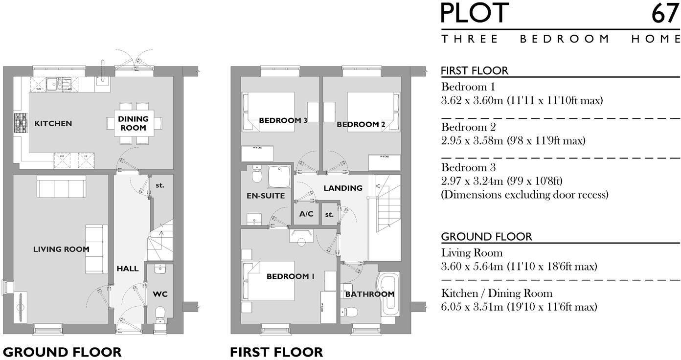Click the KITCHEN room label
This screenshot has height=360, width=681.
(x=53, y=124)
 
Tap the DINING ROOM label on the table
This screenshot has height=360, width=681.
(x=133, y=123)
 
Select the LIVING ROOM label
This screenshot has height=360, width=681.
(x=61, y=249)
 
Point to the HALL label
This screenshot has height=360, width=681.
(x=127, y=269)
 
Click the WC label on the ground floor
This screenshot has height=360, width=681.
(x=160, y=294)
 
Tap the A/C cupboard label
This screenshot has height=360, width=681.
(x=306, y=214)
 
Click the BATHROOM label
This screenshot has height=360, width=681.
(x=369, y=294)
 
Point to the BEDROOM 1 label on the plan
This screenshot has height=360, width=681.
(x=290, y=277)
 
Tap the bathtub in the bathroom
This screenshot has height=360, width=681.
(x=389, y=293)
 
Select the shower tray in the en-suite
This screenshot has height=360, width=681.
(x=279, y=177)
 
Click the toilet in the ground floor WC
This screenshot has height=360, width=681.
(x=160, y=314)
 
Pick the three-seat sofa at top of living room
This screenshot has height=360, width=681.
(x=61, y=187)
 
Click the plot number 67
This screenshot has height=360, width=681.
(x=665, y=14)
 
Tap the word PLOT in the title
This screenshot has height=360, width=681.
(x=475, y=14)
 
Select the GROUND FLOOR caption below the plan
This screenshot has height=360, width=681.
(x=62, y=352)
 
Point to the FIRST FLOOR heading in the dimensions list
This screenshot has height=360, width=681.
(x=475, y=71)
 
